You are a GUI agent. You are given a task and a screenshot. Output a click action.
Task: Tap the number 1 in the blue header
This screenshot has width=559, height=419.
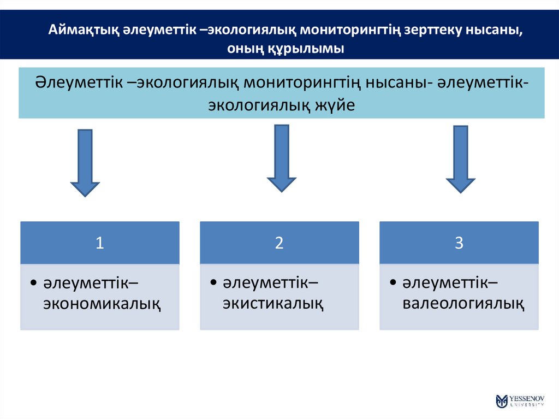pos(100,244)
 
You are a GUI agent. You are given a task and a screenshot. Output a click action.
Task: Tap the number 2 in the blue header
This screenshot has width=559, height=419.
pos(279,244)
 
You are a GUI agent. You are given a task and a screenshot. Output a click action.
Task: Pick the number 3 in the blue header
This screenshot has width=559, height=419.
pos(459,244)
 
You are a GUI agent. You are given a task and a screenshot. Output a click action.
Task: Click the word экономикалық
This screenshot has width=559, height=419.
pos(102,303)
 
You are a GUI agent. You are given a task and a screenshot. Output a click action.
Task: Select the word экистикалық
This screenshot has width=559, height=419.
pos(273,303)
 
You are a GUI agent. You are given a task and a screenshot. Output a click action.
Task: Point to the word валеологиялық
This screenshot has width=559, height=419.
pos(464,303)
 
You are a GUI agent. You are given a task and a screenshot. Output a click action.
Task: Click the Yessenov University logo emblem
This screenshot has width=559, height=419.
pos(502,401)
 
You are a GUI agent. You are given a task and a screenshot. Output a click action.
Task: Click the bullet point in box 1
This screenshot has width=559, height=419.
pos(34,284)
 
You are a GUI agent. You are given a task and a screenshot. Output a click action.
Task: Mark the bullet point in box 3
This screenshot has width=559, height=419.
pos(394,284)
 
